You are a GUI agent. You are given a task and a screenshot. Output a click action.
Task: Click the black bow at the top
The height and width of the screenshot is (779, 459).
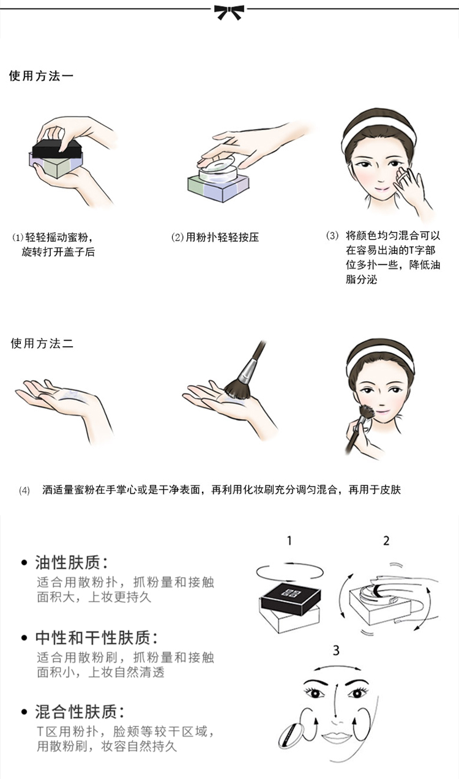229,12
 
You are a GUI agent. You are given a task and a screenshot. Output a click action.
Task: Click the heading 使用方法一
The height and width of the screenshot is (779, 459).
41,76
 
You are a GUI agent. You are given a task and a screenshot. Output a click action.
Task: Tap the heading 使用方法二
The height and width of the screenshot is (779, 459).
42,343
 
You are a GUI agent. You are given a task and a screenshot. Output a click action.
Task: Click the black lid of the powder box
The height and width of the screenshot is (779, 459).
58,150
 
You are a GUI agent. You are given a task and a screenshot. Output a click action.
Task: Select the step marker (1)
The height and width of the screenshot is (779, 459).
18,238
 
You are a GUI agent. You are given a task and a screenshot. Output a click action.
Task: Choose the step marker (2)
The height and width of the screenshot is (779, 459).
177,237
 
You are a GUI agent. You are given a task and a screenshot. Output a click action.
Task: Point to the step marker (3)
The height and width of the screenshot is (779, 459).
332,236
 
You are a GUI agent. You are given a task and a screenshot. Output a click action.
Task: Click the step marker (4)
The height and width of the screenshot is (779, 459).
24,491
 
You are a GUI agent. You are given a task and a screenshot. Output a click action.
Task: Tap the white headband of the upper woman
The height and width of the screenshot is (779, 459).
378,133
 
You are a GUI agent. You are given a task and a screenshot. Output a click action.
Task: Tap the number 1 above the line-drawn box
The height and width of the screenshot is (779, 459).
289,541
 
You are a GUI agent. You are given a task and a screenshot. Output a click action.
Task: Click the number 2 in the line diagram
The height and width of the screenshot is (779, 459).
386,541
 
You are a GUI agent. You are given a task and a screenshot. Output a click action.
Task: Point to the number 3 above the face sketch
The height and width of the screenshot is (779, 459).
336,650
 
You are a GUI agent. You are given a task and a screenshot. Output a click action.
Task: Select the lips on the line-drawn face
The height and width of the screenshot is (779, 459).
336,737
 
